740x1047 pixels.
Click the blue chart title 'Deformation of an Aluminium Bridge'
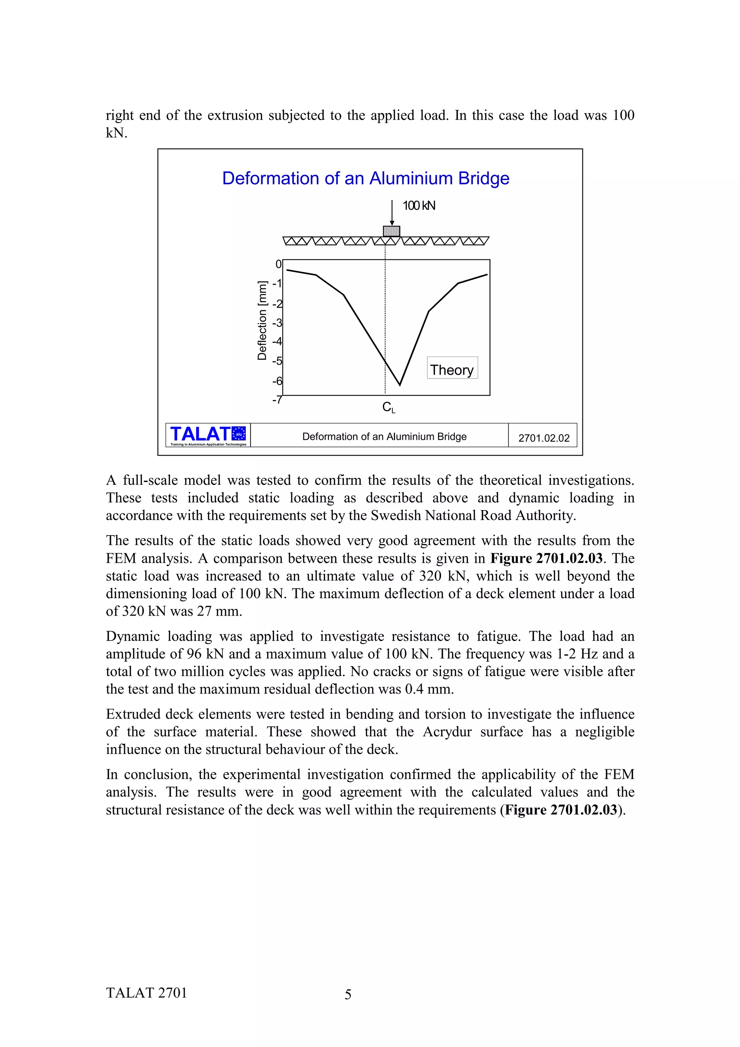click(x=365, y=178)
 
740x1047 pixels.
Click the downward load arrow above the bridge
click(x=392, y=212)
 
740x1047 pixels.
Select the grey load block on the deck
click(x=391, y=231)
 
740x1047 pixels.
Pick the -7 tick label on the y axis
click(x=277, y=400)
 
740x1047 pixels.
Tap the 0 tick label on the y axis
click(x=279, y=264)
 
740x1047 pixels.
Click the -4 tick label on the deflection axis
click(x=277, y=341)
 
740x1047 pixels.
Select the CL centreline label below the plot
click(x=388, y=407)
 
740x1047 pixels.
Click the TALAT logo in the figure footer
click(x=208, y=435)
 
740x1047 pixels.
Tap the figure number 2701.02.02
click(x=543, y=438)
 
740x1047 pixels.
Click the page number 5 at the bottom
click(x=348, y=994)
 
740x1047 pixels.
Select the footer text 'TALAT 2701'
click(x=146, y=993)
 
